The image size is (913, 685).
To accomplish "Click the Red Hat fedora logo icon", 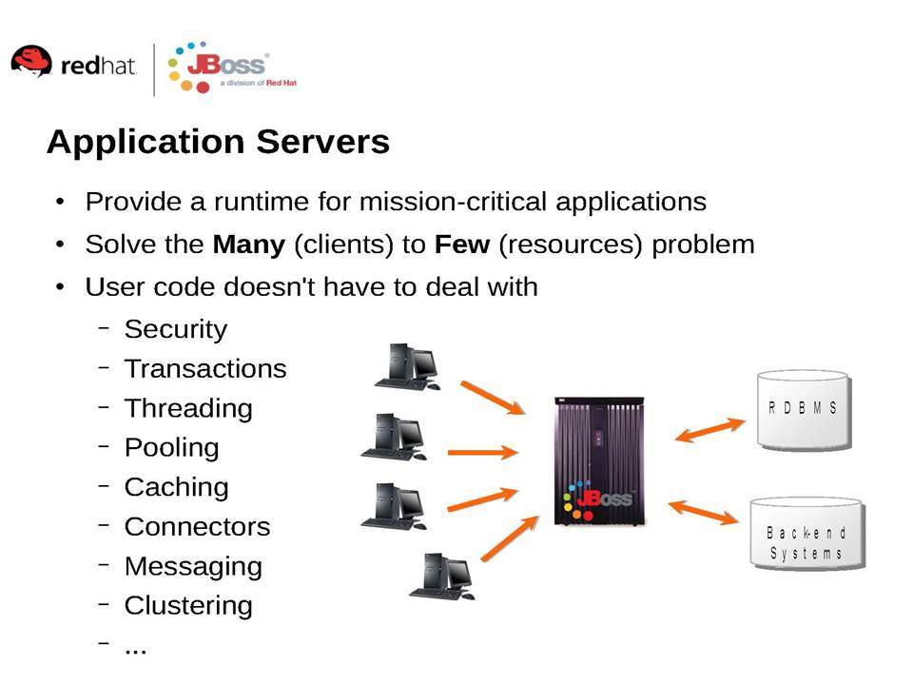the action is click(x=31, y=61).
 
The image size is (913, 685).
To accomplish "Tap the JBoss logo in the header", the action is click(x=232, y=67).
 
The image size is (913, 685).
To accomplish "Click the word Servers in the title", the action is click(x=322, y=142).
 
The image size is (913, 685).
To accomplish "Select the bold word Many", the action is click(x=248, y=245).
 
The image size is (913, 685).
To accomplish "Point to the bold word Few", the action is click(x=462, y=245).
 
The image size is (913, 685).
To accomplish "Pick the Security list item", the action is click(x=175, y=330).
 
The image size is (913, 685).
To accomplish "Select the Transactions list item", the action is click(x=205, y=369).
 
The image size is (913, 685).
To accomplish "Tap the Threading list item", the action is click(x=188, y=409).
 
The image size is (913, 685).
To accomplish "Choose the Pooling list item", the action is click(x=172, y=448).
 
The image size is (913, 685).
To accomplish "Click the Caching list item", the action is click(x=177, y=487).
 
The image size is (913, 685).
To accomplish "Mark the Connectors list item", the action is click(x=198, y=526).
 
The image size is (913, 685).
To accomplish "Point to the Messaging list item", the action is click(x=193, y=567).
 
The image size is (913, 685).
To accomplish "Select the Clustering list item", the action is click(x=188, y=606).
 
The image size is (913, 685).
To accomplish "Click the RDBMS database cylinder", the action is click(x=804, y=410).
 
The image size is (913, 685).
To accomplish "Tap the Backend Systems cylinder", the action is click(x=807, y=534).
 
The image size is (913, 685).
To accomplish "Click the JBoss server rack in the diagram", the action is click(x=600, y=460).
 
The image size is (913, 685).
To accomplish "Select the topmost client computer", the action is click(x=408, y=367).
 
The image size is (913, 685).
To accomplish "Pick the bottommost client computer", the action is click(x=442, y=577).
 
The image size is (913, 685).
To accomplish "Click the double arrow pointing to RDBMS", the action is click(x=710, y=430).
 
